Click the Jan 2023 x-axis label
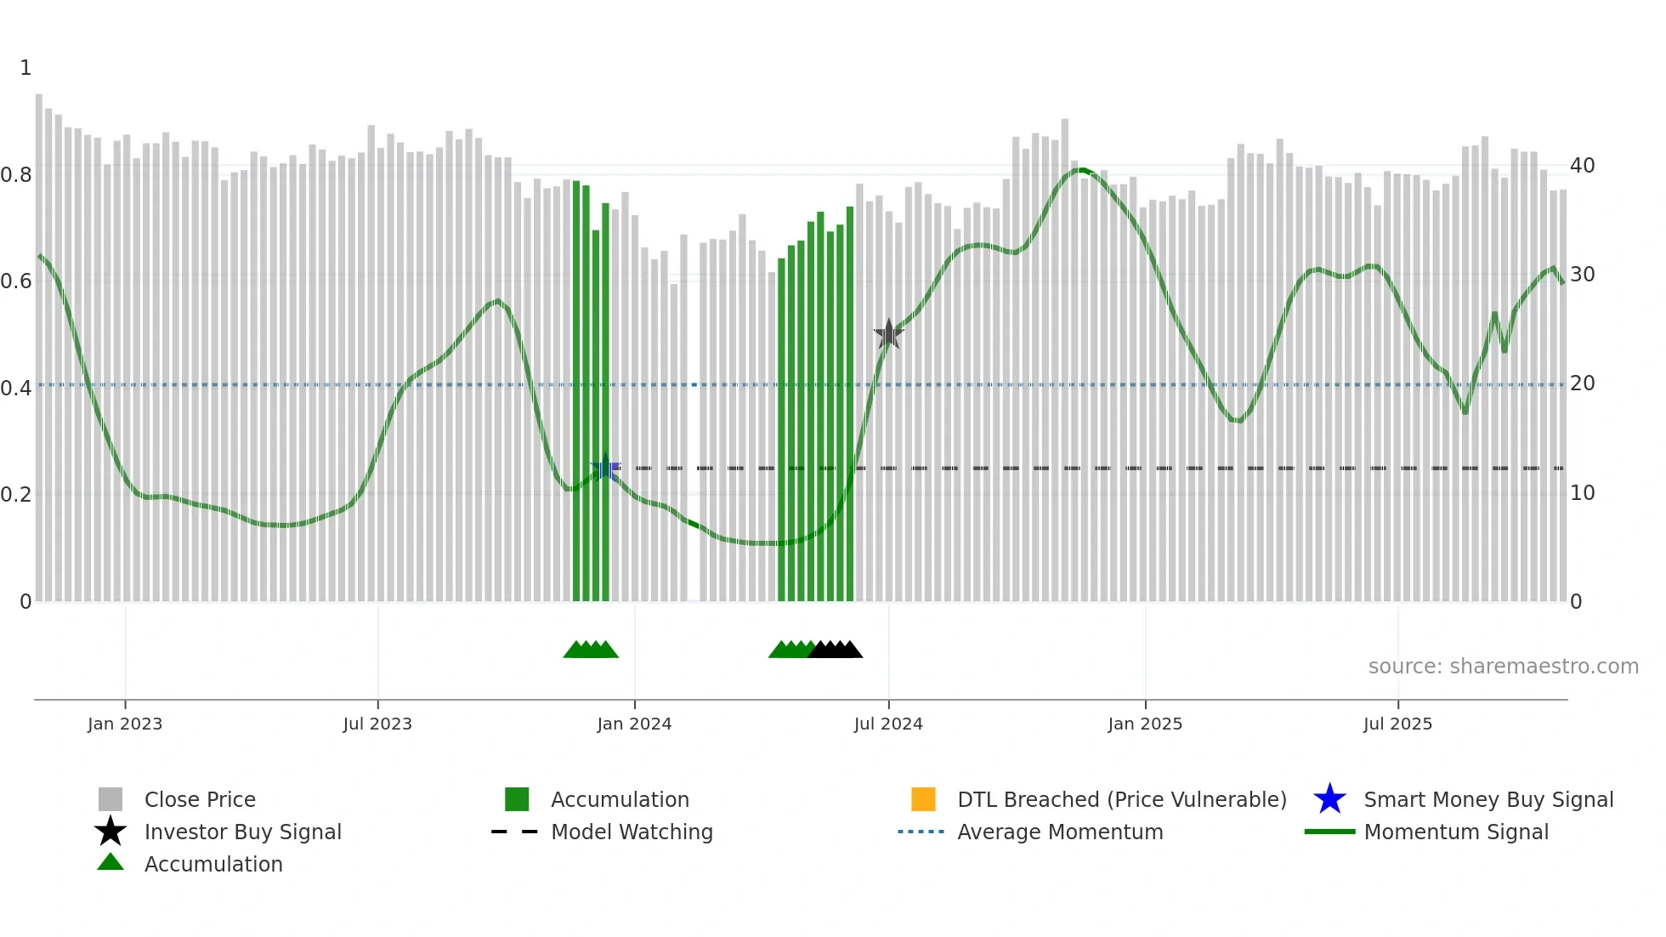click(125, 724)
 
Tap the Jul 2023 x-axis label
click(377, 724)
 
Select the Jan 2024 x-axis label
click(634, 724)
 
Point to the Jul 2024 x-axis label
click(888, 724)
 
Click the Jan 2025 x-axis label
click(1145, 724)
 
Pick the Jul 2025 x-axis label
click(1397, 724)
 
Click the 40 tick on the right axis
click(1582, 166)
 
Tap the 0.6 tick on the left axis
click(16, 281)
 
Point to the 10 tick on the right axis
click(1582, 493)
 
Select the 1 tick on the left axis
click(25, 68)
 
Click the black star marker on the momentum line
click(888, 334)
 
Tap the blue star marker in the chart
click(605, 467)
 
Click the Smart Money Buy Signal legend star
click(1329, 799)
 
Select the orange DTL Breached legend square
click(923, 799)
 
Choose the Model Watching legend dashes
click(515, 832)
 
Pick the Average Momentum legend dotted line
click(921, 832)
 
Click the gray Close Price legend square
click(110, 799)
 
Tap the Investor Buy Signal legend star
click(110, 832)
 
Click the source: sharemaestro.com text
click(1503, 667)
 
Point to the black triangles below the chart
click(836, 650)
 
